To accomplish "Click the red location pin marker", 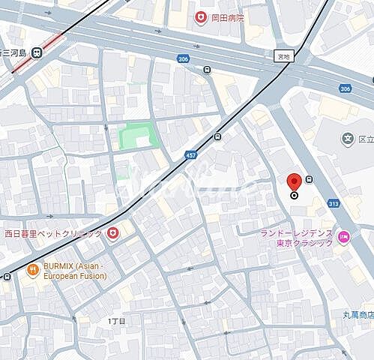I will (295, 181).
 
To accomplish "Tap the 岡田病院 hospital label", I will (228, 17).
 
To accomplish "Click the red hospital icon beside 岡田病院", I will (200, 17).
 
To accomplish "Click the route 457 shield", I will (191, 154).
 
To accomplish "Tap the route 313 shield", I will (334, 202).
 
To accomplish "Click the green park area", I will (138, 136).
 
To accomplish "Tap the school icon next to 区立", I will (348, 138).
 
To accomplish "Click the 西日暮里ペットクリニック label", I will (52, 233).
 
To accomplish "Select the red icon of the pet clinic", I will (112, 233).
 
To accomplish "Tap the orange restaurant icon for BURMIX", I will (32, 269).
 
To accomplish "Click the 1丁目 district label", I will (118, 320).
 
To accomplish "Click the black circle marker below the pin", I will (295, 195).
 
